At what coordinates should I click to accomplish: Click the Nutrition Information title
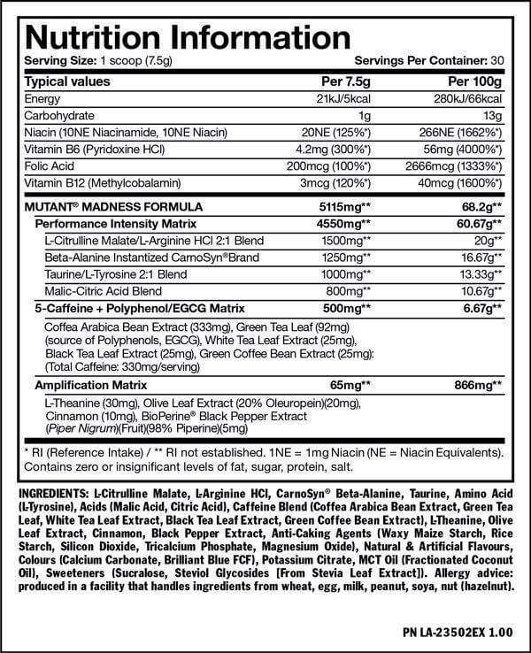(178, 37)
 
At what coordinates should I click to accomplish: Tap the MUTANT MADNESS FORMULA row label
(101, 206)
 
